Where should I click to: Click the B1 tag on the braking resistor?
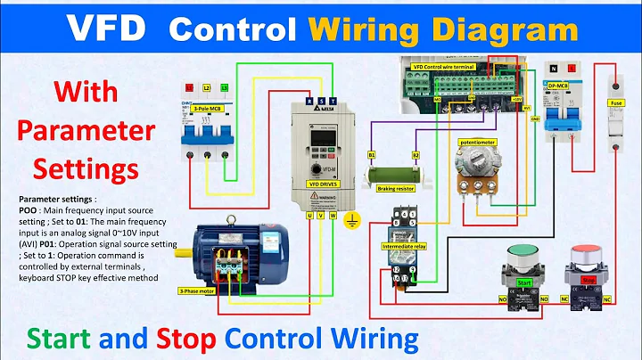coord(372,155)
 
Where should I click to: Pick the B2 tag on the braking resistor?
coord(415,155)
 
